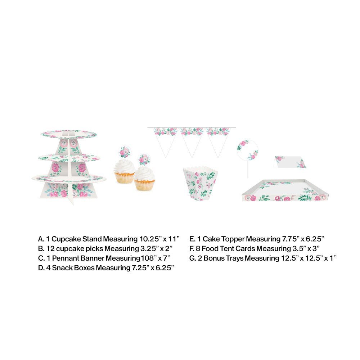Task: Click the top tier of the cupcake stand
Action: click(69, 134)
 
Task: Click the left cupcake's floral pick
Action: click(125, 152)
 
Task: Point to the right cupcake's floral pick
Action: click(144, 159)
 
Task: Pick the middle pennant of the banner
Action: click(192, 139)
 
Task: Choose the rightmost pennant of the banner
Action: click(218, 139)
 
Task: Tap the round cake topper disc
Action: click(248, 150)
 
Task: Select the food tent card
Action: click(290, 162)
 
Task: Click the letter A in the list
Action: click(41, 239)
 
